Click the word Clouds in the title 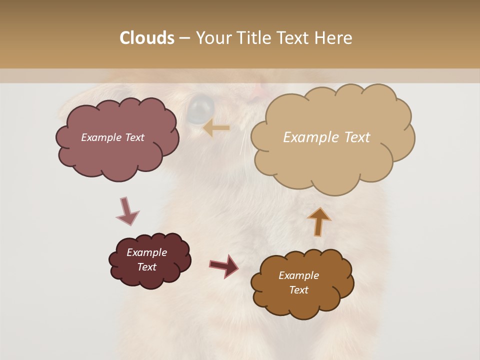(x=146, y=38)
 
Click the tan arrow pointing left (x=216, y=128)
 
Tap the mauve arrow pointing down (x=127, y=211)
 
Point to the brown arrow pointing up (x=319, y=221)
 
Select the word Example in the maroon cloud (x=146, y=252)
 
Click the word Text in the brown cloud (x=298, y=290)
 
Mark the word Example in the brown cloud (x=298, y=275)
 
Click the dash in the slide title (x=184, y=38)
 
